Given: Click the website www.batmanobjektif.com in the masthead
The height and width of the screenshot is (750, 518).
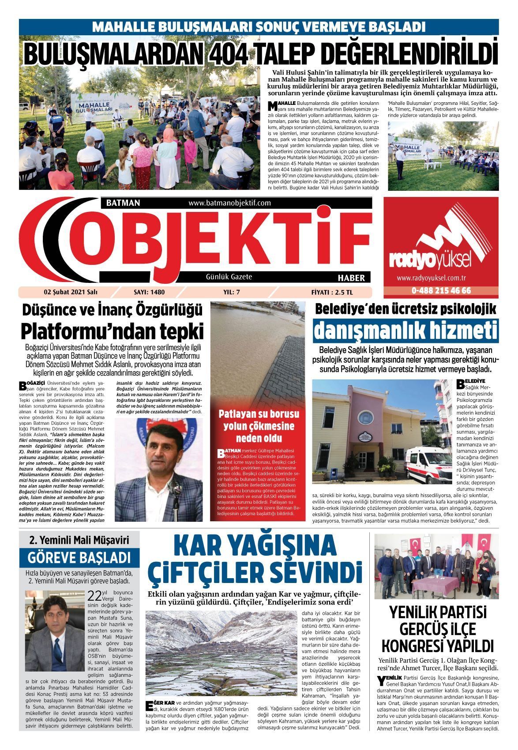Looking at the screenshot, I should [x=229, y=203].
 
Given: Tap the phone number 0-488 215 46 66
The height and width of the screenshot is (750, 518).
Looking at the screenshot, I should [x=441, y=291].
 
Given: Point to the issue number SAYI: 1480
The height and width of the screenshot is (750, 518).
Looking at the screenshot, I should [x=149, y=292].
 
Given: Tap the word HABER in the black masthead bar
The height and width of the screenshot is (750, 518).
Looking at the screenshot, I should [x=351, y=278].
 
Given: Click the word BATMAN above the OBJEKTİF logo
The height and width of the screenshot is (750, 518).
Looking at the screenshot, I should [x=123, y=203].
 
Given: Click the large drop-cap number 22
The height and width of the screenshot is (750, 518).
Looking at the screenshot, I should [x=95, y=596].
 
